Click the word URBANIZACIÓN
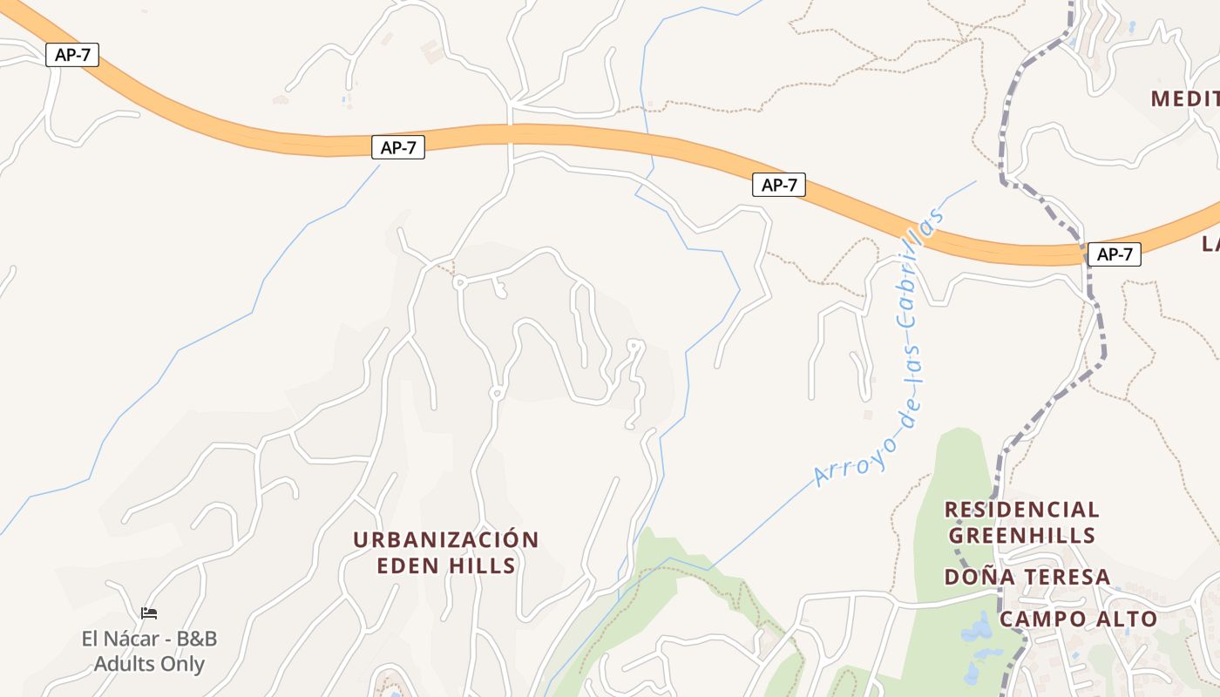tap(446, 539)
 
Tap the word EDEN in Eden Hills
tap(408, 565)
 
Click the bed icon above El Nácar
tap(149, 613)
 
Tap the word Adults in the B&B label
tap(124, 664)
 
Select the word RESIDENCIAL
tap(1021, 509)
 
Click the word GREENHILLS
tap(1021, 534)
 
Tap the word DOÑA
tap(974, 577)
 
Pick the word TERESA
tap(1061, 577)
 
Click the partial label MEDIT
tap(1185, 98)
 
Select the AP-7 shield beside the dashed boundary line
tap(1114, 254)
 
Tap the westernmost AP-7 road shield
tap(72, 55)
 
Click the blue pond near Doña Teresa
tap(978, 630)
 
